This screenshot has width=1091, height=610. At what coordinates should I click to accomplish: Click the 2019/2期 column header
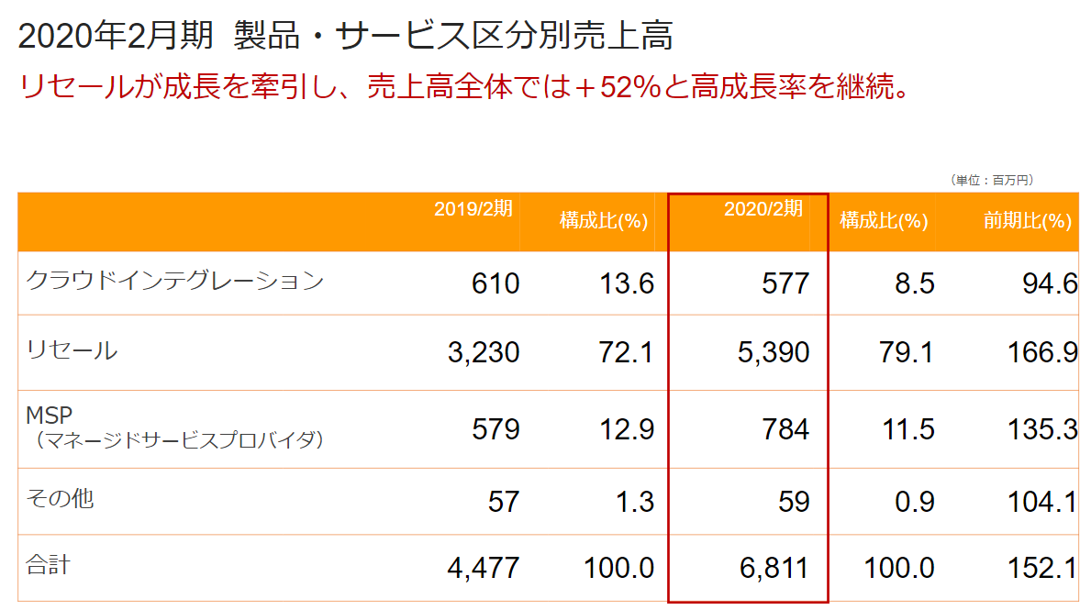click(473, 209)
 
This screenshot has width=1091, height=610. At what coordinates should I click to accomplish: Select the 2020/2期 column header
click(763, 209)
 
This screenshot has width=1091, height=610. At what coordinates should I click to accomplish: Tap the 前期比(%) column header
click(1027, 221)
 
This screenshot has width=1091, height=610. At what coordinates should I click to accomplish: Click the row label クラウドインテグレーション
click(174, 281)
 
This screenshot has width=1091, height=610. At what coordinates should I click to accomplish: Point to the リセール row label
click(72, 349)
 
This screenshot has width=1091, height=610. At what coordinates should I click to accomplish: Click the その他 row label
click(61, 499)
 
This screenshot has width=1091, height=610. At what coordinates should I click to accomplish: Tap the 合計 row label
click(49, 565)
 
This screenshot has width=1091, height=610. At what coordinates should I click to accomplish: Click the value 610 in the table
click(495, 283)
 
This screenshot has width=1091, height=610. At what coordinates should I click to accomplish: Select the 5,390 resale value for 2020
click(773, 352)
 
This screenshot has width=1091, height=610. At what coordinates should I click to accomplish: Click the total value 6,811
click(773, 569)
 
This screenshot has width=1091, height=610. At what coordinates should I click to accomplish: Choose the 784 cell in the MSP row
click(785, 428)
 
